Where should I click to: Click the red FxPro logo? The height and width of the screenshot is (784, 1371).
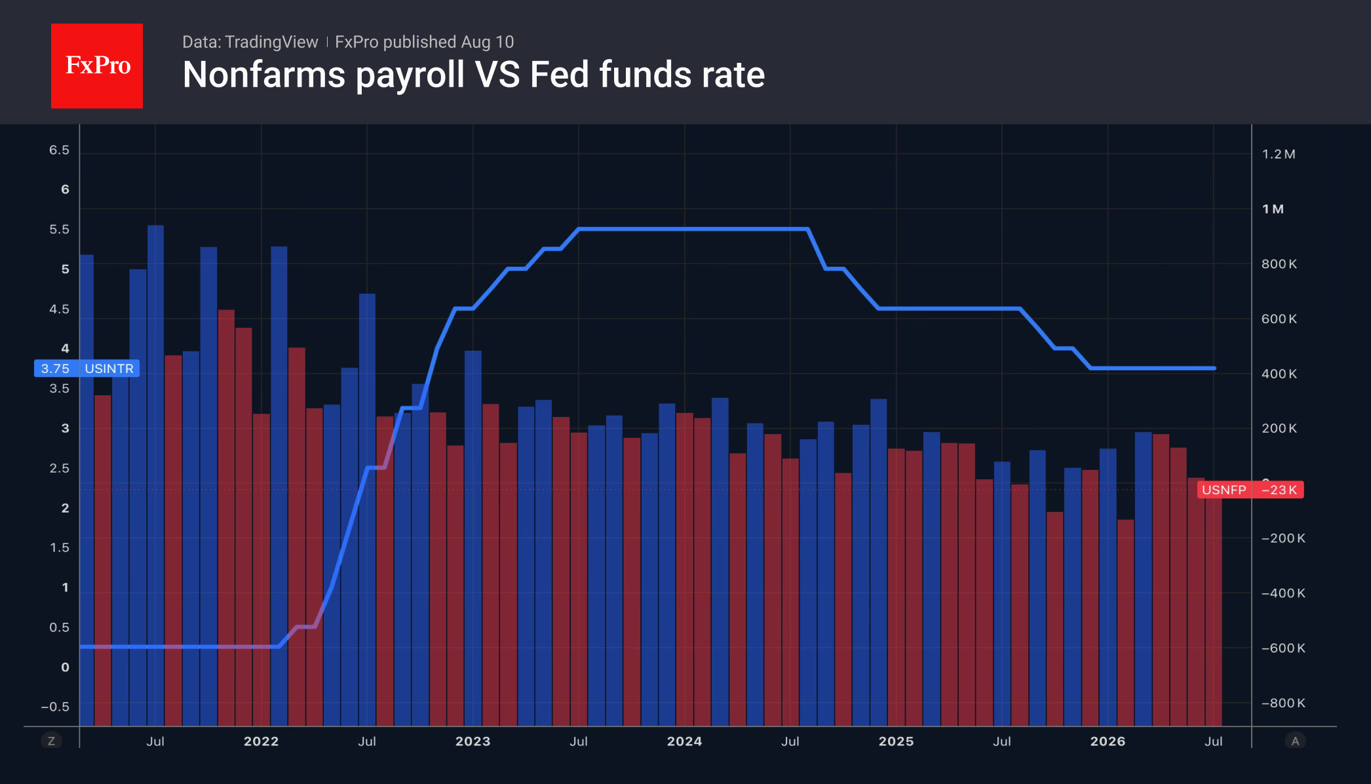pyautogui.click(x=97, y=66)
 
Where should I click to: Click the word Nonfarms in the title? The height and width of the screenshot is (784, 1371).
pyautogui.click(x=264, y=75)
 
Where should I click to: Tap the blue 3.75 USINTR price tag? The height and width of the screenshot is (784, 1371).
pyautogui.click(x=87, y=368)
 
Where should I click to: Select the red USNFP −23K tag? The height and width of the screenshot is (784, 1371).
pyautogui.click(x=1250, y=490)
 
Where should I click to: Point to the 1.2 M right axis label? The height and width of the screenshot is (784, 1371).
pyautogui.click(x=1279, y=154)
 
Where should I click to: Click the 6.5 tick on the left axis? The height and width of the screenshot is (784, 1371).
pyautogui.click(x=59, y=150)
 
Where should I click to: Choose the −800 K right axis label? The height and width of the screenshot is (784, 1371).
pyautogui.click(x=1283, y=703)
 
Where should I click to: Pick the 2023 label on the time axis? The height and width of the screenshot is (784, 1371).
pyautogui.click(x=473, y=741)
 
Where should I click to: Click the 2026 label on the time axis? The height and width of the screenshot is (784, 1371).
pyautogui.click(x=1108, y=741)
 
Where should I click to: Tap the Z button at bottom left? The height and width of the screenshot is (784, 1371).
pyautogui.click(x=51, y=741)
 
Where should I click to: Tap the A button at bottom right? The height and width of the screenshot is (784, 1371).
pyautogui.click(x=1295, y=741)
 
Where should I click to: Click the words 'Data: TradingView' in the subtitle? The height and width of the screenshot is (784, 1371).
pyautogui.click(x=250, y=42)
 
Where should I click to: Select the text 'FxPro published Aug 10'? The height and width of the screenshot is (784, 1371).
pyautogui.click(x=424, y=42)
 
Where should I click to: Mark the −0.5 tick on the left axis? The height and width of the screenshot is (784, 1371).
pyautogui.click(x=55, y=707)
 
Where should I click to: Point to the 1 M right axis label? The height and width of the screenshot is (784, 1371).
pyautogui.click(x=1273, y=209)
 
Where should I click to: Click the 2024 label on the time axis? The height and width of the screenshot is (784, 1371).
pyautogui.click(x=685, y=741)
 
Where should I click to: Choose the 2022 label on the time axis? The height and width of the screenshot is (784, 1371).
pyautogui.click(x=261, y=741)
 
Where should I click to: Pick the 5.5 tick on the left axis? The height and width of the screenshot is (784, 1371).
pyautogui.click(x=59, y=229)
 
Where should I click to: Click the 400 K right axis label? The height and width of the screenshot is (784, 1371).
pyautogui.click(x=1279, y=374)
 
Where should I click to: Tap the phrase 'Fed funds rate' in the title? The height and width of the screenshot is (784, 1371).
pyautogui.click(x=647, y=75)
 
